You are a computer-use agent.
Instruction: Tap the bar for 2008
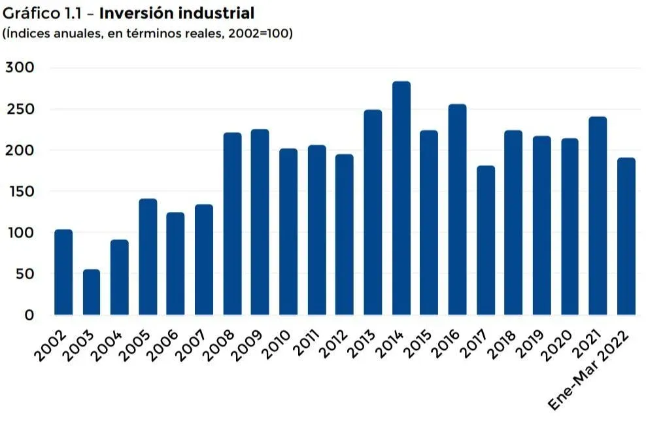(x=232, y=224)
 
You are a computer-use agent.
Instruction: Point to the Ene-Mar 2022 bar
(x=626, y=236)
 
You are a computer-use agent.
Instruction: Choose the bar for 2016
(x=457, y=209)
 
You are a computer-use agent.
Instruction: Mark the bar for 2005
(x=148, y=256)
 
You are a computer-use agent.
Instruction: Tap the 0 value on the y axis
(x=29, y=315)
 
